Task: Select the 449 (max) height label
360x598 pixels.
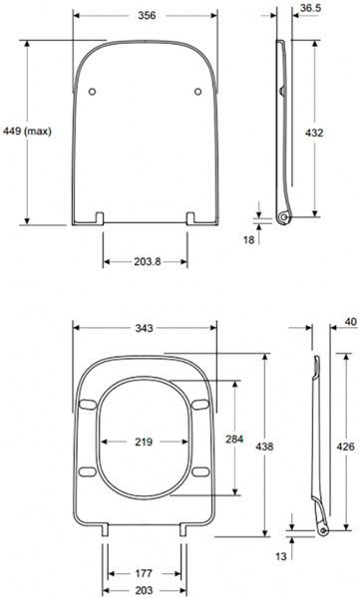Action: [30, 131]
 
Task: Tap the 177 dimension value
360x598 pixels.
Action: [145, 573]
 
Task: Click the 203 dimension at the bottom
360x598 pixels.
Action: [145, 590]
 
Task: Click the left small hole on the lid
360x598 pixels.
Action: [91, 92]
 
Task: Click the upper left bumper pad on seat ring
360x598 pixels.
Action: [88, 404]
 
